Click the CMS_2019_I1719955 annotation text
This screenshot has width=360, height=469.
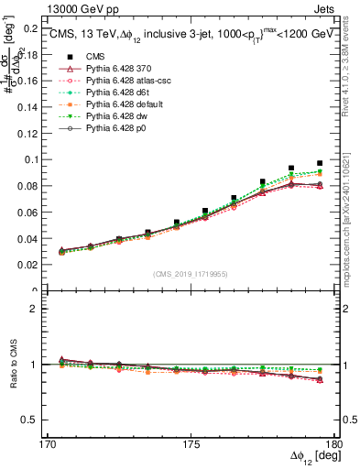point(191,272)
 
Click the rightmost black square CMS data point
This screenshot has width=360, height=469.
point(320,163)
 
